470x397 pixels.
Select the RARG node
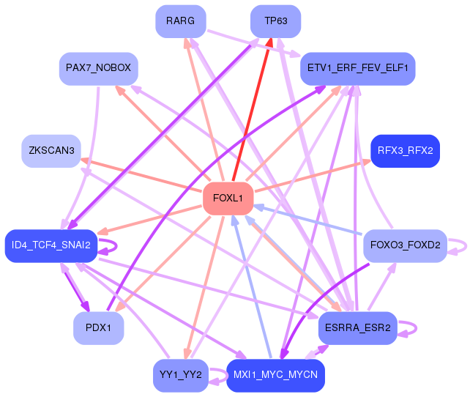(x=180, y=21)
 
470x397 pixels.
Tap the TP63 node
(x=275, y=21)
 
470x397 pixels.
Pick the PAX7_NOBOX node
(x=98, y=68)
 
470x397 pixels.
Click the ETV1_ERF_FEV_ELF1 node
(x=357, y=69)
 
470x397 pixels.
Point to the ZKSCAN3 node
(x=51, y=151)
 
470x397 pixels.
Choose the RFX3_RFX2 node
(x=405, y=151)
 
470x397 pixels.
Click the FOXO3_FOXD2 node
(x=405, y=245)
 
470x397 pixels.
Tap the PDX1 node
(x=98, y=328)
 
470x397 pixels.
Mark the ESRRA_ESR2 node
(x=357, y=328)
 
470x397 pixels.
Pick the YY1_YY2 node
(x=180, y=376)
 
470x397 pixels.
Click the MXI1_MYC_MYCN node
(x=275, y=376)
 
